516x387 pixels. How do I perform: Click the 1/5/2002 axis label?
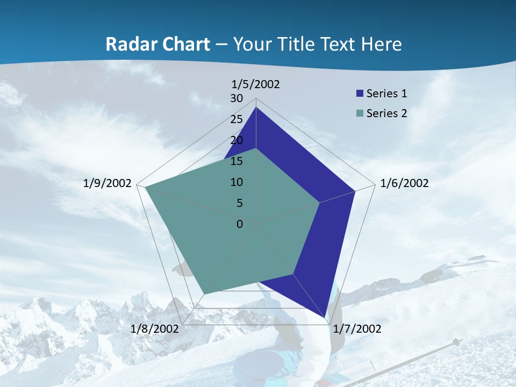[x=256, y=84]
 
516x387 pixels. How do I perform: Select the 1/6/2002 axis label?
[x=404, y=183]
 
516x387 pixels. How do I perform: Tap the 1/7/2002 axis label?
[x=357, y=329]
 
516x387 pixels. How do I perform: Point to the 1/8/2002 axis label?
[x=155, y=329]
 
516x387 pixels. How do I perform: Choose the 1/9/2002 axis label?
[x=107, y=183]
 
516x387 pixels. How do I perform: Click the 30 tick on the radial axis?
[x=236, y=98]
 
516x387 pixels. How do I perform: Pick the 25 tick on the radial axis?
[x=236, y=119]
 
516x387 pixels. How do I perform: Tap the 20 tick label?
[x=236, y=140]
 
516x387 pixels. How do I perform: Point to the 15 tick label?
[x=236, y=161]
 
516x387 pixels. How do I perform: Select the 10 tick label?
[x=236, y=182]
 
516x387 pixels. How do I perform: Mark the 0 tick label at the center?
[x=240, y=224]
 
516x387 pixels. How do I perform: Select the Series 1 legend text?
[x=386, y=94]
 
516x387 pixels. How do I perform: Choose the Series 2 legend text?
[x=386, y=113]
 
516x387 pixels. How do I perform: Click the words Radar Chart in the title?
[x=157, y=44]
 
